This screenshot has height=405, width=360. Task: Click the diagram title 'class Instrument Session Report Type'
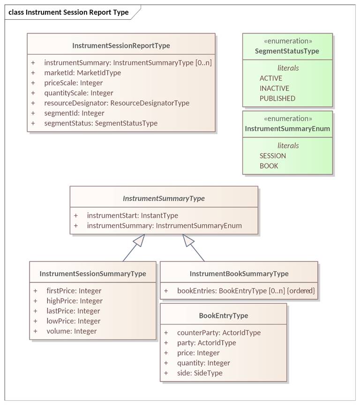pyautogui.click(x=68, y=12)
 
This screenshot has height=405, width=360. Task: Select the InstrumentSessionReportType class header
pyautogui.click(x=121, y=46)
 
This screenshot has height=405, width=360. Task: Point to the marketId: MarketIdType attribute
pyautogui.click(x=82, y=73)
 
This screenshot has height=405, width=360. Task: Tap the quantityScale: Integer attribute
pyautogui.click(x=79, y=93)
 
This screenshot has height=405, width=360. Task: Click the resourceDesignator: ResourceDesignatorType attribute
pyautogui.click(x=117, y=103)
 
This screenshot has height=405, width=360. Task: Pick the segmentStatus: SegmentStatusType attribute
pyautogui.click(x=101, y=123)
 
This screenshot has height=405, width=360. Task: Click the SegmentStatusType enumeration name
pyautogui.click(x=287, y=51)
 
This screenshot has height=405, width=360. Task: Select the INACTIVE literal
pyautogui.click(x=274, y=88)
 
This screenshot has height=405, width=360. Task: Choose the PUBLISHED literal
pyautogui.click(x=277, y=98)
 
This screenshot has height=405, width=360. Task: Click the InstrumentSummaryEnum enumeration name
pyautogui.click(x=287, y=129)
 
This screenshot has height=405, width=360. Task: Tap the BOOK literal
pyautogui.click(x=269, y=166)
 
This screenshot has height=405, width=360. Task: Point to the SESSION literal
pyautogui.click(x=273, y=156)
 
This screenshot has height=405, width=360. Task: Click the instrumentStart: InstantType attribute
pyautogui.click(x=132, y=215)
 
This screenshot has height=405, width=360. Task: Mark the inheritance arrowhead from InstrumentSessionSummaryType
pyautogui.click(x=139, y=240)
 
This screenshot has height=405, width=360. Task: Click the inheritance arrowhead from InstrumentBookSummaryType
pyautogui.click(x=188, y=240)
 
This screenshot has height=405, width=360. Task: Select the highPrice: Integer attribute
pyautogui.click(x=75, y=301)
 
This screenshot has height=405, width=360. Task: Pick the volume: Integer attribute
pyautogui.click(x=72, y=331)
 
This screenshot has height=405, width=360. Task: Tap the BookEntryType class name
pyautogui.click(x=224, y=316)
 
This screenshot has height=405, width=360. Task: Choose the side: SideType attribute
pyautogui.click(x=200, y=373)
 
